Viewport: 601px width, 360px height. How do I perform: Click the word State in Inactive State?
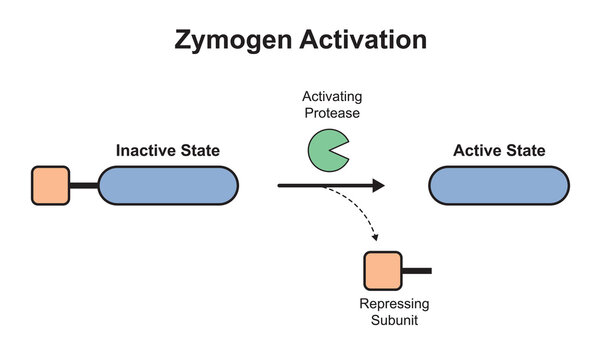click(x=200, y=151)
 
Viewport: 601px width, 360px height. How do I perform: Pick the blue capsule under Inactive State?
click(x=167, y=186)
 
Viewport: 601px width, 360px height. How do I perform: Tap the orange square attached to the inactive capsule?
click(x=50, y=186)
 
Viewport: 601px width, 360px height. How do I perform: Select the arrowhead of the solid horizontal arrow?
click(x=378, y=185)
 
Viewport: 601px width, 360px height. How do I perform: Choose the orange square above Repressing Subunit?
click(x=382, y=271)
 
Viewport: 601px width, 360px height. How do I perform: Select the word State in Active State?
click(x=526, y=151)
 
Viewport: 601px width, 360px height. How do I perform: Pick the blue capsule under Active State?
click(x=498, y=186)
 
